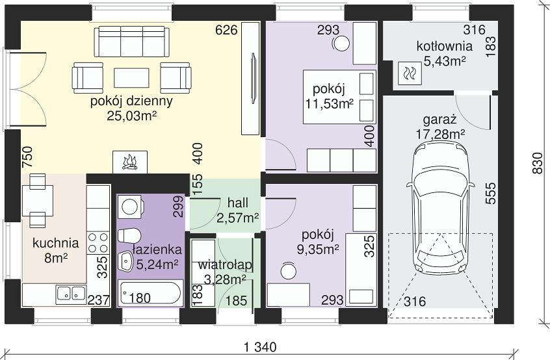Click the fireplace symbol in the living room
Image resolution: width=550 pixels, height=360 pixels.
pyautogui.click(x=129, y=162)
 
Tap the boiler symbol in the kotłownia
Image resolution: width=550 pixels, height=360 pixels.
pyautogui.click(x=410, y=73)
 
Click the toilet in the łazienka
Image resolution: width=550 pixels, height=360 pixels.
pyautogui.click(x=129, y=236)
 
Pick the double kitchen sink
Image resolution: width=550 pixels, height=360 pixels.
pyautogui.click(x=72, y=294)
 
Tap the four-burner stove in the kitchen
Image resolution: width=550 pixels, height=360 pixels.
pyautogui.click(x=98, y=243)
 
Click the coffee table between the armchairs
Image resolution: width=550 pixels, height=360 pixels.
pyautogui.click(x=131, y=77)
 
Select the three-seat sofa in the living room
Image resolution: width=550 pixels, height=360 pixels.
pyautogui.click(x=131, y=41)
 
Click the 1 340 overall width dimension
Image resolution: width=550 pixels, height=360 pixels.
pyautogui.click(x=260, y=347)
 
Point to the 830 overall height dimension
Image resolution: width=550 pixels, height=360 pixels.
pyautogui.click(x=537, y=163)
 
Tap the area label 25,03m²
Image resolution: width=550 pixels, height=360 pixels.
pyautogui.click(x=131, y=116)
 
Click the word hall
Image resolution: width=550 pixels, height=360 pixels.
pyautogui.click(x=238, y=203)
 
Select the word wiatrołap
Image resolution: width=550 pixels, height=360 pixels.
pyautogui.click(x=225, y=264)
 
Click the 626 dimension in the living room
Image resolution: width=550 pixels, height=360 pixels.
pyautogui.click(x=226, y=30)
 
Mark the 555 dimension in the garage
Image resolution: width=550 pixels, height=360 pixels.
pyautogui.click(x=491, y=193)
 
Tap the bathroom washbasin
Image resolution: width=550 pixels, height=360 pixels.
pyautogui.click(x=125, y=260)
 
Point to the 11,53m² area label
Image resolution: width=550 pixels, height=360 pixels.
pyautogui.click(x=329, y=104)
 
